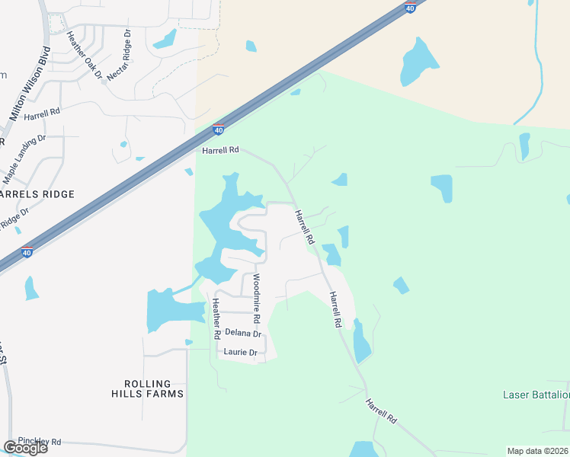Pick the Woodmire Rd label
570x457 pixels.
pos(257,298)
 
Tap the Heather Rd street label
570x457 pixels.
pos(217,319)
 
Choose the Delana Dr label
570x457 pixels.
pos(243,334)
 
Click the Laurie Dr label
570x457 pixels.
pos(239,353)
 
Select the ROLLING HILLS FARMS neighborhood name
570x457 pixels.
pos(153,388)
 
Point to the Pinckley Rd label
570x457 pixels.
pos(39,442)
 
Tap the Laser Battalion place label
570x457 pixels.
pos(536,395)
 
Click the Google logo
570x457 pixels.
pos(25,448)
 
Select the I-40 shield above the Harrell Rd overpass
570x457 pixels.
pos(219,130)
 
